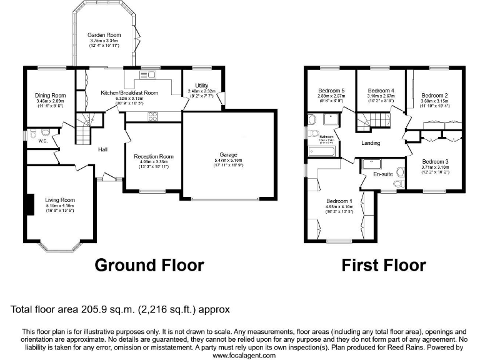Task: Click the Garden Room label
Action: (104, 36)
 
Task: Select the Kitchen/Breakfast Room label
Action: (129, 92)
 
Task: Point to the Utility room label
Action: (201, 86)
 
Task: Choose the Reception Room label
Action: (153, 157)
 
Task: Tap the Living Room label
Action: (61, 200)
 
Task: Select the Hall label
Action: (104, 149)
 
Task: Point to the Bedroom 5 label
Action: (331, 90)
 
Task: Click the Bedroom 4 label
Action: (381, 90)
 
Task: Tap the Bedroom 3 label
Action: (434, 161)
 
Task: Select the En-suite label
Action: (382, 174)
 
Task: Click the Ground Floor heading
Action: (149, 264)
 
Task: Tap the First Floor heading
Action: (384, 264)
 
